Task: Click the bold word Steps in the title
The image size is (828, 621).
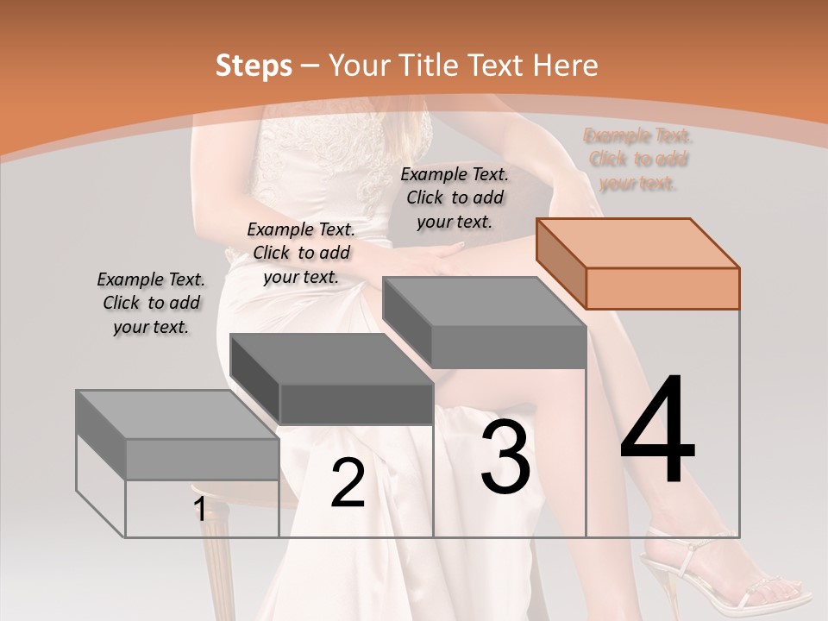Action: tap(254, 66)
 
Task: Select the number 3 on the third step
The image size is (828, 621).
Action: tap(505, 457)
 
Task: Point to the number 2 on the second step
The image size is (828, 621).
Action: tap(348, 483)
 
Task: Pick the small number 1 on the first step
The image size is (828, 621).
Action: tap(199, 510)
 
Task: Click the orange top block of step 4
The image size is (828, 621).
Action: tap(638, 263)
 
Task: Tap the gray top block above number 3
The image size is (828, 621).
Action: tap(485, 321)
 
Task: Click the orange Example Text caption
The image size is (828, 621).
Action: tap(638, 160)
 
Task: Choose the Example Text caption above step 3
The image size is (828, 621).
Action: tap(455, 198)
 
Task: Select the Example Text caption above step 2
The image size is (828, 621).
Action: tap(301, 254)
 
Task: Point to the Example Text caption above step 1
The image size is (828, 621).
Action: tap(151, 304)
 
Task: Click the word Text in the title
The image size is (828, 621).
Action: tap(498, 66)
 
